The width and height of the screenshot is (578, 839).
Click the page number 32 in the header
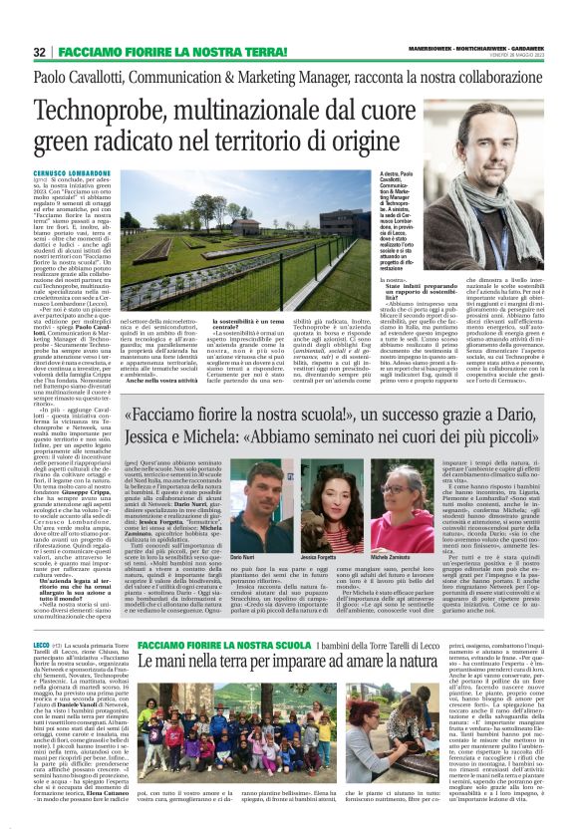[39, 51]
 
